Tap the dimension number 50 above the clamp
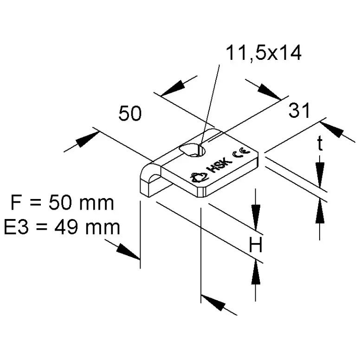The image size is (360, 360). coord(129,114)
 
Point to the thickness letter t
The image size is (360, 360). coord(320,145)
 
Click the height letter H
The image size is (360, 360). coord(256,244)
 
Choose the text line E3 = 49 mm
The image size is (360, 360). coord(62,227)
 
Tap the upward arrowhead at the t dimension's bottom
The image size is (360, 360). coord(320,213)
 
